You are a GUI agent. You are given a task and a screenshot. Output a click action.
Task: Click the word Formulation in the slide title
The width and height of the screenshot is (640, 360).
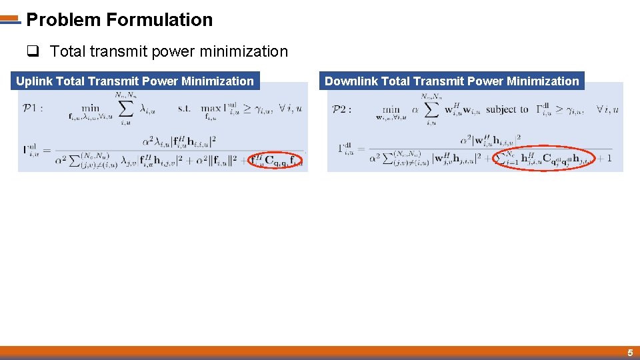159,20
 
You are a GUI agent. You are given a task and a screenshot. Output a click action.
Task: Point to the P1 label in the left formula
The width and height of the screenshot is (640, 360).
32,107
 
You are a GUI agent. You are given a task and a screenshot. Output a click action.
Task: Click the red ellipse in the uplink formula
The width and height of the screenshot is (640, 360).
276,159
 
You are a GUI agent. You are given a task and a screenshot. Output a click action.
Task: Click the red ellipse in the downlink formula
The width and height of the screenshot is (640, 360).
544,158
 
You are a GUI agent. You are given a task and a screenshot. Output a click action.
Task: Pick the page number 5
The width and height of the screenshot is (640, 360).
629,353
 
